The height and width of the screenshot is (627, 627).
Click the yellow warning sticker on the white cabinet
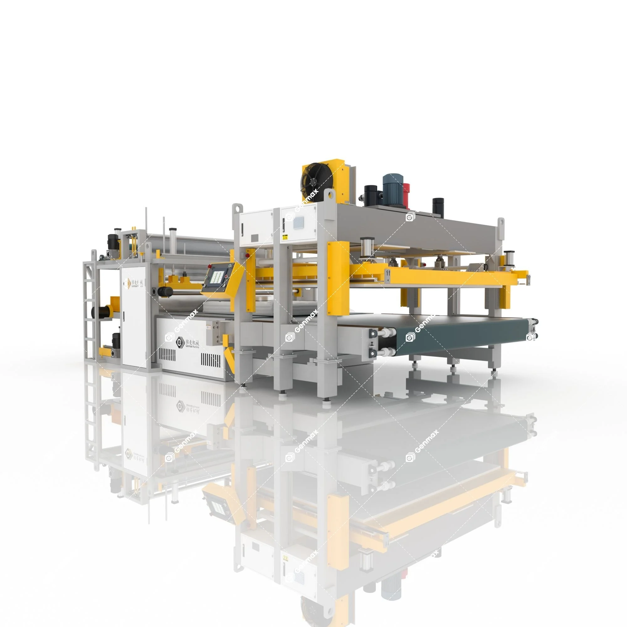(x=284, y=238)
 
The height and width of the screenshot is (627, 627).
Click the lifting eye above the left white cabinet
(x=237, y=208)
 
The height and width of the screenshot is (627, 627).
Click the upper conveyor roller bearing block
(x=374, y=333)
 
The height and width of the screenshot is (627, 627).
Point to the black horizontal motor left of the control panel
(x=166, y=292)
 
